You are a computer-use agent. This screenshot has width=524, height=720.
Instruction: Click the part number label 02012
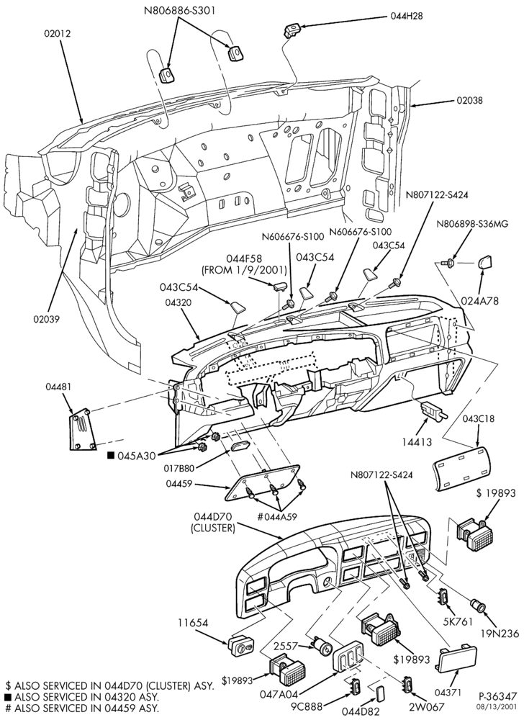[58, 34]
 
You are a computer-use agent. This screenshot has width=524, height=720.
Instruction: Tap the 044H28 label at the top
[407, 16]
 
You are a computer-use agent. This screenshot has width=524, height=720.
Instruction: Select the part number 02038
[469, 100]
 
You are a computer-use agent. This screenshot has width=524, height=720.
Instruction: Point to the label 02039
[46, 319]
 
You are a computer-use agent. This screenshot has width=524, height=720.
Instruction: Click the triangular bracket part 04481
[83, 428]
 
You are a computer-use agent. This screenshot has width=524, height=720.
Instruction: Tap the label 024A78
[480, 301]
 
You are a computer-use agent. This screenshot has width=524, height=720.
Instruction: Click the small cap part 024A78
[485, 264]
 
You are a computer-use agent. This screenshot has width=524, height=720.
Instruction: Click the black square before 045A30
[110, 455]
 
